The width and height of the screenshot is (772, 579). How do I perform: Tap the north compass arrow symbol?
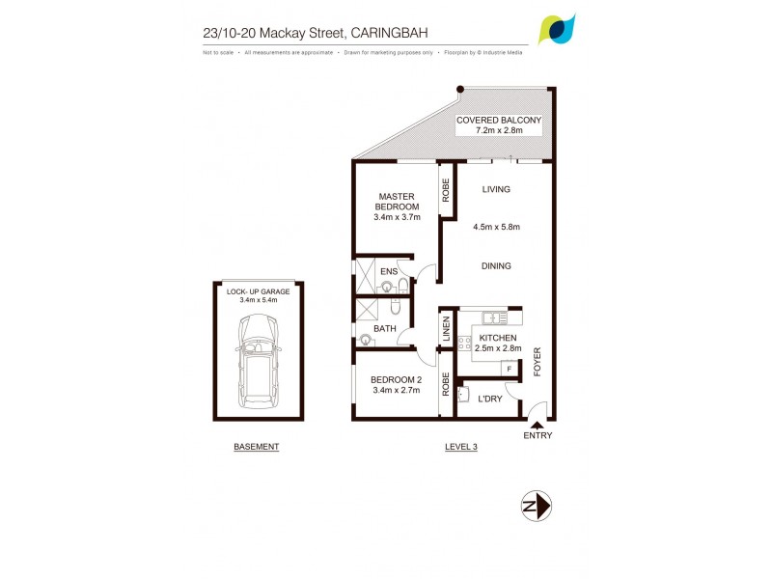coord(537,505)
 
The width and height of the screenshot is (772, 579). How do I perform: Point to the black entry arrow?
coord(538,422)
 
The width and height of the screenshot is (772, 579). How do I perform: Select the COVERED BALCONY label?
coord(499,120)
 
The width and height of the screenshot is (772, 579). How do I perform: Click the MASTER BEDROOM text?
coord(398,201)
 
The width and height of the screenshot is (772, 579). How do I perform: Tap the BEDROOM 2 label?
coord(396,379)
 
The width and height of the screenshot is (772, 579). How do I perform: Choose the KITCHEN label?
coord(499,338)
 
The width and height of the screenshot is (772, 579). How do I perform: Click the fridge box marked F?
coord(508,368)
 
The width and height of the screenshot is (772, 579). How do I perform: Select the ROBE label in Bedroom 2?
coord(446,385)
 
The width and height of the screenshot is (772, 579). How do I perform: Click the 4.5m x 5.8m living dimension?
coord(497,228)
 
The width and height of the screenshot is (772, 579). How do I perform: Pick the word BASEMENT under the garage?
coord(257,447)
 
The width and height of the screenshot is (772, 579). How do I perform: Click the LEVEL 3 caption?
coord(461,447)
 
